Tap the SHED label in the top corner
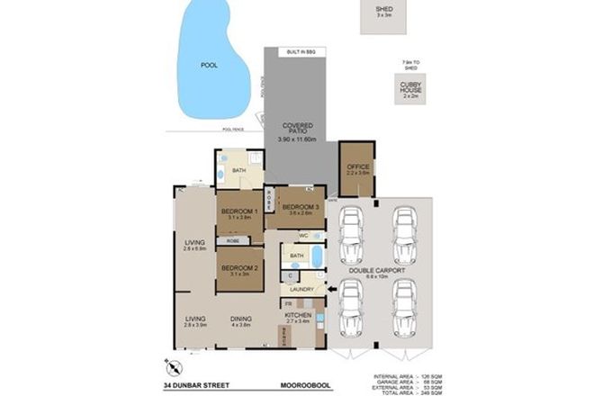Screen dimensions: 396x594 383,9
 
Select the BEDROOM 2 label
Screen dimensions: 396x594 239,268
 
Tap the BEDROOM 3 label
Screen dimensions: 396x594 294,206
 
